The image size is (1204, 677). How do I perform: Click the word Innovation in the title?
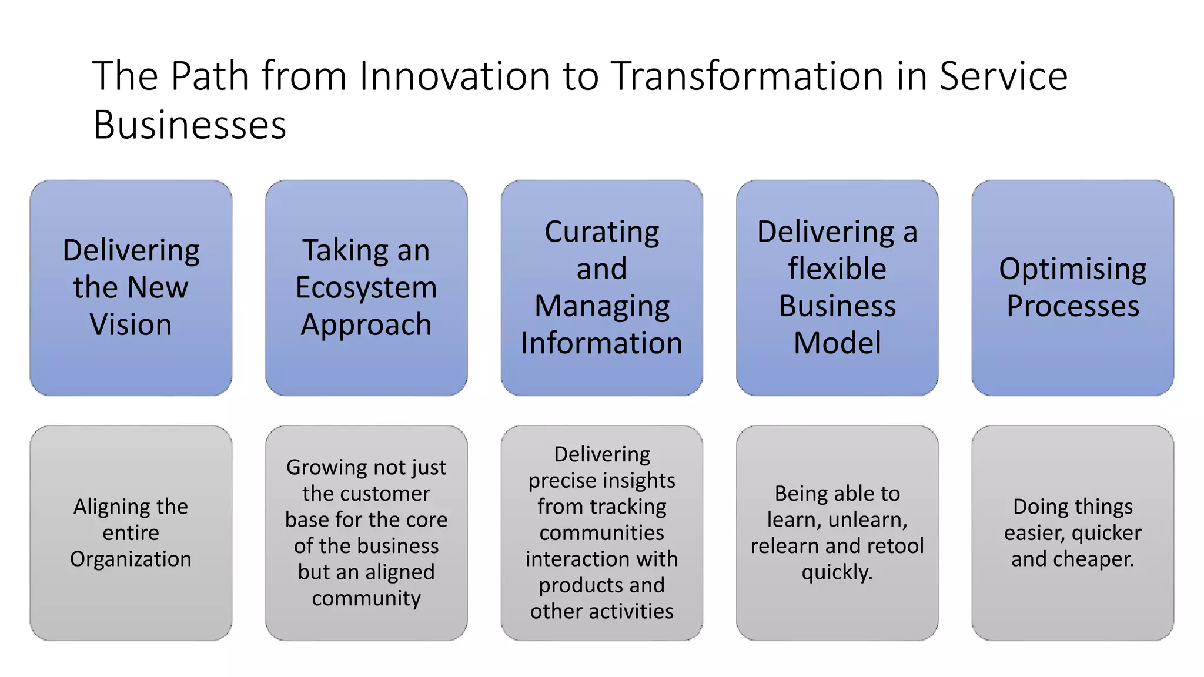(454, 76)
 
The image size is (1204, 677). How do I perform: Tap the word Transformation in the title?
(748, 76)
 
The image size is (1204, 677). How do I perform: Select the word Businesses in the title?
(189, 125)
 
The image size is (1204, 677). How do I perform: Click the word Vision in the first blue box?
(131, 324)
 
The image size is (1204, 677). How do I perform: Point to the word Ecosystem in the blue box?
(366, 288)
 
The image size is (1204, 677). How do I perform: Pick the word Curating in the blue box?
(601, 232)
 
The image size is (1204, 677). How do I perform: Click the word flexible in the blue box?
(837, 269)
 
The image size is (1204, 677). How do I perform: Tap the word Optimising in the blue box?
(1072, 270)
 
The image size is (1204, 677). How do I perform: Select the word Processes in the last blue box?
(1072, 306)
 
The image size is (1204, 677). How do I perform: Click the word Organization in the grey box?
(131, 559)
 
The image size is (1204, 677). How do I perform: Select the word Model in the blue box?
(837, 343)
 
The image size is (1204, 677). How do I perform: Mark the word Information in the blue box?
(601, 343)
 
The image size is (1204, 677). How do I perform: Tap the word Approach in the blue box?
(366, 326)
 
